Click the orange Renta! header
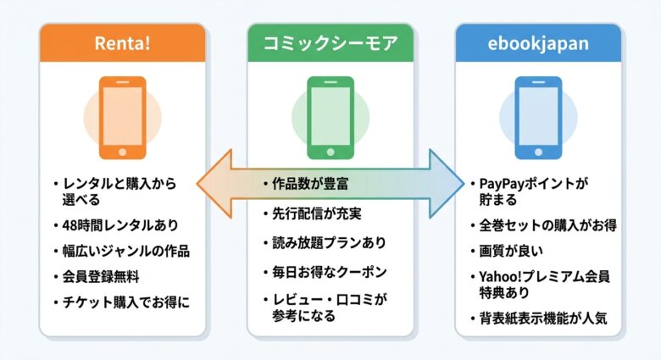[x=122, y=42]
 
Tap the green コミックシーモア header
[x=330, y=42]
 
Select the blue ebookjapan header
[x=538, y=42]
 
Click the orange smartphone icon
[x=122, y=118]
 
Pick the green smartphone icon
[x=330, y=118]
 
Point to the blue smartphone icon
[x=538, y=118]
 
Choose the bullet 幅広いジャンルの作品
[x=127, y=252]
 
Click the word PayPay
[x=502, y=184]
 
